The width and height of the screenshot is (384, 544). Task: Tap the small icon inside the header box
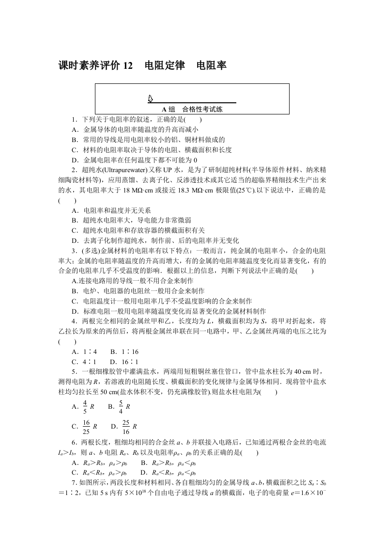pos(151,99)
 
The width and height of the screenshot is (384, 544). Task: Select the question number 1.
pos(73,119)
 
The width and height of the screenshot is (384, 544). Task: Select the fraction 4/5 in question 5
pos(85,406)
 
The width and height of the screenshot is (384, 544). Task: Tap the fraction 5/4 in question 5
pos(121,406)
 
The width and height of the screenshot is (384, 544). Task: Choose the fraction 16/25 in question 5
pos(86,426)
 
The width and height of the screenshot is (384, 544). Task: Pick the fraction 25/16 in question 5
pos(126,426)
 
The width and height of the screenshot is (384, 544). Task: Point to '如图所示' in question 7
pos(90,483)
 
